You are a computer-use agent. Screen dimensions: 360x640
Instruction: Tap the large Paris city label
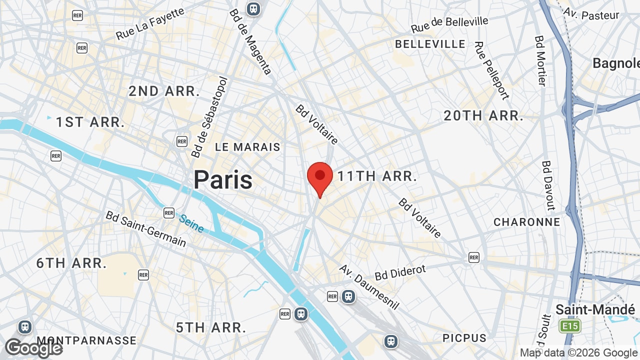(223, 179)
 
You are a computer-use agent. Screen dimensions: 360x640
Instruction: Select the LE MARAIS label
(247, 147)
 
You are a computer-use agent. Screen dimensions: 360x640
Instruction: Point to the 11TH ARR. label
(377, 176)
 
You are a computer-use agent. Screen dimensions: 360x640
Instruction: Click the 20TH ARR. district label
(483, 116)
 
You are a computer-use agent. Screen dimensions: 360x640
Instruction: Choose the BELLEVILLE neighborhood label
(430, 44)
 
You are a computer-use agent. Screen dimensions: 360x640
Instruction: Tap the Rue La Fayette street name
(150, 23)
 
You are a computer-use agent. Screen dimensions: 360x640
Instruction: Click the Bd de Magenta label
(251, 42)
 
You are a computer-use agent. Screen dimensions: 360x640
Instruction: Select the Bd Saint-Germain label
(145, 229)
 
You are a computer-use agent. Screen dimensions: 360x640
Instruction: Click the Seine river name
(191, 223)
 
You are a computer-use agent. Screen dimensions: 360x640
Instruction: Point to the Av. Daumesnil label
(369, 286)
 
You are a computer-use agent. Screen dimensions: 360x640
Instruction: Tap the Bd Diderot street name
(400, 272)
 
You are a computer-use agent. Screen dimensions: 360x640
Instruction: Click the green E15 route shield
(570, 326)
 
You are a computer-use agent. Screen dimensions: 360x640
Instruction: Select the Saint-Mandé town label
(595, 309)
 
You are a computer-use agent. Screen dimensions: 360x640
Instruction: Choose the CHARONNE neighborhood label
(526, 222)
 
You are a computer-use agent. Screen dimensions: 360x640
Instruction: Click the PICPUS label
(464, 338)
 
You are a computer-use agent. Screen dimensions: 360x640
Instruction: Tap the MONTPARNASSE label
(86, 340)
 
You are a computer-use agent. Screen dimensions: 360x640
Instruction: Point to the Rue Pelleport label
(491, 70)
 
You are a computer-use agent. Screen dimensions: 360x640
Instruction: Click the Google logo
(33, 348)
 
